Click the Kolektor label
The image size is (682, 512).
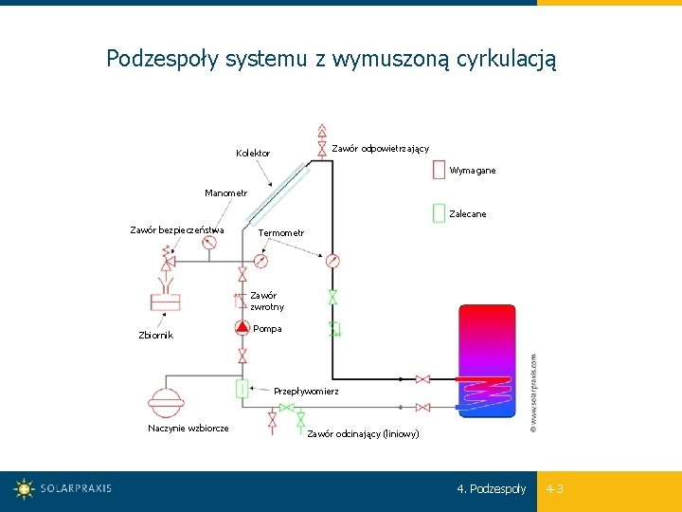tap(252, 154)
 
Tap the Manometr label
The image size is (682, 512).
tap(226, 193)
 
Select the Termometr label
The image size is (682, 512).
tap(281, 233)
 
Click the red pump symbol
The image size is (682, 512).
tap(242, 327)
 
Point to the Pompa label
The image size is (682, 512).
tap(267, 329)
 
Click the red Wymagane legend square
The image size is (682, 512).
tap(439, 170)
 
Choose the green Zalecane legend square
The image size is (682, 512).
tap(439, 213)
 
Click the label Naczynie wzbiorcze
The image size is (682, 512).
tap(188, 429)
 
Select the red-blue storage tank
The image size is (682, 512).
tap(487, 361)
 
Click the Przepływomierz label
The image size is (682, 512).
tap(306, 391)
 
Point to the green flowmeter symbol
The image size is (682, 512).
tap(242, 389)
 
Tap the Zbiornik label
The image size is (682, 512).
tap(155, 335)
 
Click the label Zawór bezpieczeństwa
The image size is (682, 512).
tap(176, 229)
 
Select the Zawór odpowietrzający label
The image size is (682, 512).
tap(380, 148)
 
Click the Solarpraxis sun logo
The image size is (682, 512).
tap(24, 489)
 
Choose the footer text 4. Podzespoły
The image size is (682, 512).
tap(491, 489)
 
